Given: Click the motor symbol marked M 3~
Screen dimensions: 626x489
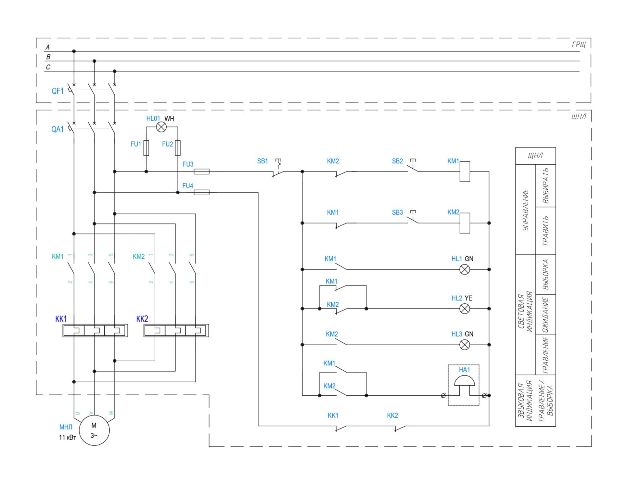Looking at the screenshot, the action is pyautogui.click(x=94, y=430).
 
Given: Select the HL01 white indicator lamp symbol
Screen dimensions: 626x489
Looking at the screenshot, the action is pyautogui.click(x=162, y=127).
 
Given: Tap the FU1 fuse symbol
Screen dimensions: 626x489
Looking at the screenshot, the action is pyautogui.click(x=146, y=148).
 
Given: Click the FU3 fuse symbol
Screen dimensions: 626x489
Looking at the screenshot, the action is pyautogui.click(x=202, y=172).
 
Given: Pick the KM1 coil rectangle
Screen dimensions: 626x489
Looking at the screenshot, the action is pyautogui.click(x=465, y=172).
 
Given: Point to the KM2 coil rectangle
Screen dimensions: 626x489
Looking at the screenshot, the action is pyautogui.click(x=465, y=223).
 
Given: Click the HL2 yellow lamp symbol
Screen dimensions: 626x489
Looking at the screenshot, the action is pyautogui.click(x=465, y=309).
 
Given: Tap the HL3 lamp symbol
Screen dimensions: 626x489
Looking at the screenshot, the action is pyautogui.click(x=465, y=345).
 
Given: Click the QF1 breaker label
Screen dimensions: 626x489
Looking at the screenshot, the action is pyautogui.click(x=58, y=91).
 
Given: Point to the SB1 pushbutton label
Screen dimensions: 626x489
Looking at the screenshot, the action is pyautogui.click(x=262, y=161).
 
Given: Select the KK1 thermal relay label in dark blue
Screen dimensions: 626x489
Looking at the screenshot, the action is pyautogui.click(x=61, y=319).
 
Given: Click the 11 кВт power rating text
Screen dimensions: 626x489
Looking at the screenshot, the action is pyautogui.click(x=68, y=437).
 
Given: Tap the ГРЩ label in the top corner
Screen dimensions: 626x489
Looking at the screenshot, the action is pyautogui.click(x=579, y=44).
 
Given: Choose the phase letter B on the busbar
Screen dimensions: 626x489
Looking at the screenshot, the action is pyautogui.click(x=48, y=57).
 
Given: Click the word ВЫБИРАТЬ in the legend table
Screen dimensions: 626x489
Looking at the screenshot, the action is pyautogui.click(x=546, y=186).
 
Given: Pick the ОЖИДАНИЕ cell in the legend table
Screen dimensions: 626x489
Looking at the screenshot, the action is pyautogui.click(x=546, y=315).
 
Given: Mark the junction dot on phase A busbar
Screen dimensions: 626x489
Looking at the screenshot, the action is pyautogui.click(x=74, y=51).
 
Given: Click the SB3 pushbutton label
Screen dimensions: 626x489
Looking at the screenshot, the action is pyautogui.click(x=397, y=212).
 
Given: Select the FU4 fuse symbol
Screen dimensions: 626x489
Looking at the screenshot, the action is pyautogui.click(x=202, y=193).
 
